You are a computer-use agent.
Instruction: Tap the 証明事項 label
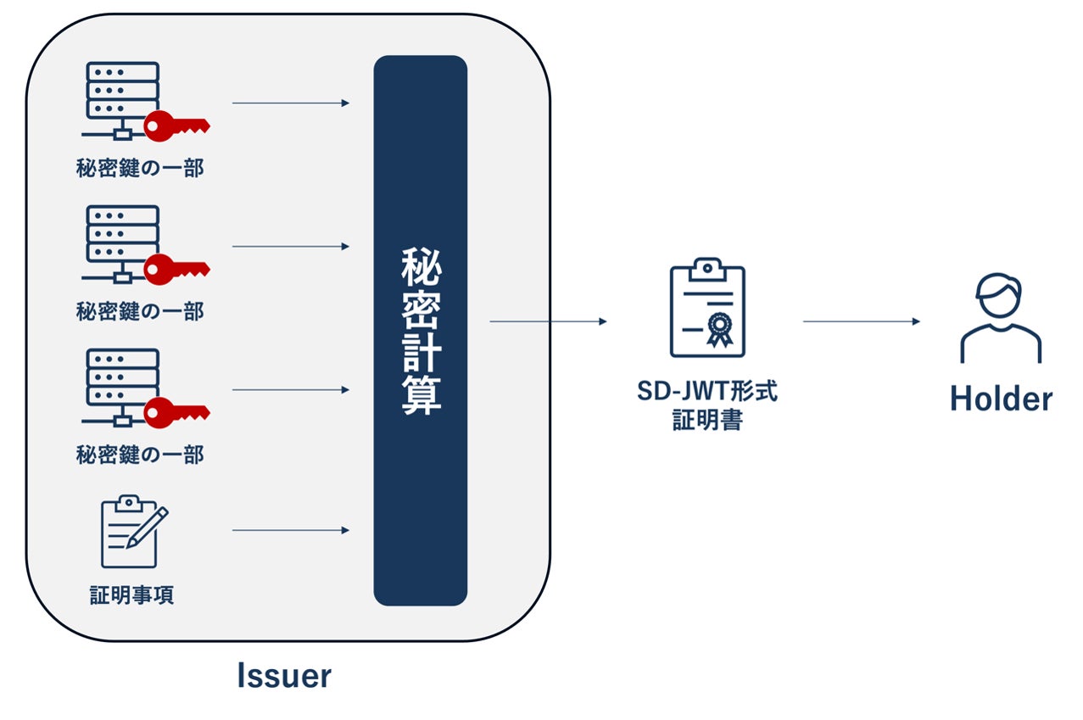pyautogui.click(x=132, y=595)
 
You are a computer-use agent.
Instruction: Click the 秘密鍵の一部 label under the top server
pyautogui.click(x=140, y=168)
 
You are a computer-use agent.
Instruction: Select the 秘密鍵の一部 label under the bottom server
pyautogui.click(x=140, y=455)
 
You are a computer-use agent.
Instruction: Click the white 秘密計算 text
pyautogui.click(x=421, y=331)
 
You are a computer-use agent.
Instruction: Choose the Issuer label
pyautogui.click(x=283, y=676)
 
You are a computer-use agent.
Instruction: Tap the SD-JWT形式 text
pyautogui.click(x=707, y=393)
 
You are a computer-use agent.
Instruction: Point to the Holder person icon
pyautogui.click(x=1000, y=318)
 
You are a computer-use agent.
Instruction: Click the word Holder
pyautogui.click(x=1001, y=398)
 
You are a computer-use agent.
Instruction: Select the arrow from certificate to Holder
pyautogui.click(x=861, y=321)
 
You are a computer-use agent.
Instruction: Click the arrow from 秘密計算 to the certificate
pyautogui.click(x=548, y=321)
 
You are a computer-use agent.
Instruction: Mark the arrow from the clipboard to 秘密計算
pyautogui.click(x=290, y=531)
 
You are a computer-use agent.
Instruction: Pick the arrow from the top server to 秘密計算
pyautogui.click(x=290, y=103)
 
